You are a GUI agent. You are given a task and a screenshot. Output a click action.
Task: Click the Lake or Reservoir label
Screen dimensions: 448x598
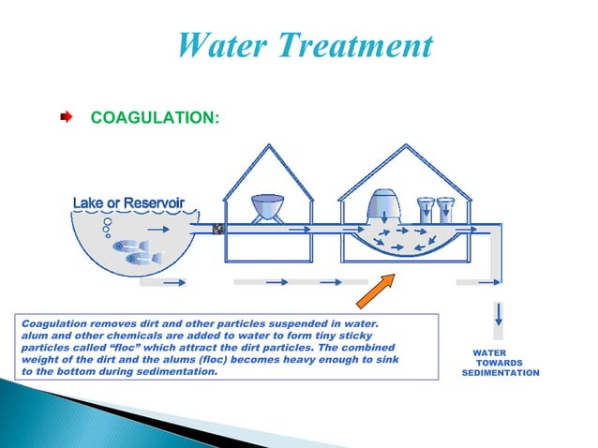point(128,203)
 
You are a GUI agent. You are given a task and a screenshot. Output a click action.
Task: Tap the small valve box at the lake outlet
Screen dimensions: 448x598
point(218,228)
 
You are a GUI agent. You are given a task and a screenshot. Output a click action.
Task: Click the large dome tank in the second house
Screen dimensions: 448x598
point(387,205)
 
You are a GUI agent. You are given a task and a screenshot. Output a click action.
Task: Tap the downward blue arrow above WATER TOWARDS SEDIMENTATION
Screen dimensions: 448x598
point(500,314)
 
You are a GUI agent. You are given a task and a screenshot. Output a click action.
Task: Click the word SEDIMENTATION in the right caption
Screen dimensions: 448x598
point(501,373)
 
